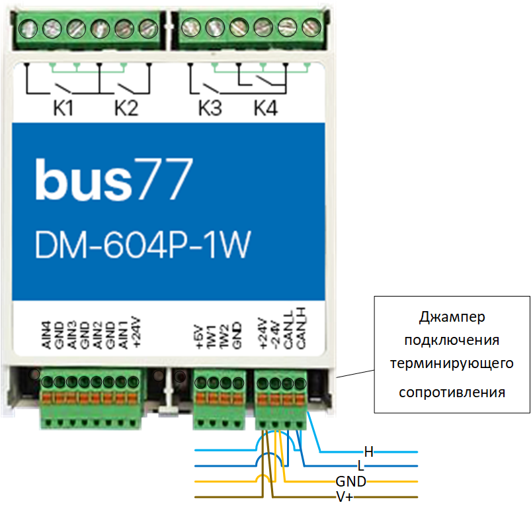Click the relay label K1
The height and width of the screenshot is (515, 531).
[63, 109]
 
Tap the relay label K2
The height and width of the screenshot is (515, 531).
[126, 109]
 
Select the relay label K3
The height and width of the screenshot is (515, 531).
[210, 109]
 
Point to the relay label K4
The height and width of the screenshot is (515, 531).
[265, 109]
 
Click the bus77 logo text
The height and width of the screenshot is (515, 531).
[114, 179]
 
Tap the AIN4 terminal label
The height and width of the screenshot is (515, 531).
[46, 334]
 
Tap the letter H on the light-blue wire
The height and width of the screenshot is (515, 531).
[369, 452]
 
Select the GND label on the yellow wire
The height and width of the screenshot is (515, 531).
[350, 481]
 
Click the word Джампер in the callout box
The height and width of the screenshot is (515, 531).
[452, 316]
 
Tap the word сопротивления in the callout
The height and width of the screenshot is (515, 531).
[452, 392]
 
